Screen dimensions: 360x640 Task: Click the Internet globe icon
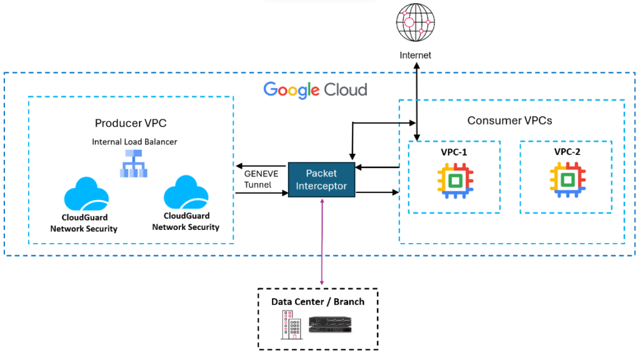click(x=415, y=23)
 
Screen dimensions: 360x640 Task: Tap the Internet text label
click(x=415, y=56)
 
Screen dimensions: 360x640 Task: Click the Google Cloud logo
click(x=315, y=89)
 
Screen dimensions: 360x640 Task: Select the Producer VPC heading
click(x=131, y=122)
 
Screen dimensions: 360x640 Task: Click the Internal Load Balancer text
click(x=134, y=142)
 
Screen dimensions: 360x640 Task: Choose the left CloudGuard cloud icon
click(x=86, y=194)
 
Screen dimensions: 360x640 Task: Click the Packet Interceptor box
click(x=321, y=180)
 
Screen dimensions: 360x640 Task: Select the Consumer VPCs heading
click(x=509, y=120)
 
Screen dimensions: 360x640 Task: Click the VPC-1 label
click(x=454, y=152)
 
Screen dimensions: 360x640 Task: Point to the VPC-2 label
click(x=567, y=152)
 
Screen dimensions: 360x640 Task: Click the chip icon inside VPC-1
click(x=455, y=181)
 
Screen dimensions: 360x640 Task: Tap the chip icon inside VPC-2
click(x=567, y=181)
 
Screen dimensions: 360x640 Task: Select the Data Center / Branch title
click(x=317, y=302)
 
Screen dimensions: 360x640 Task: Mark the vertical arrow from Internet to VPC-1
click(x=417, y=100)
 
